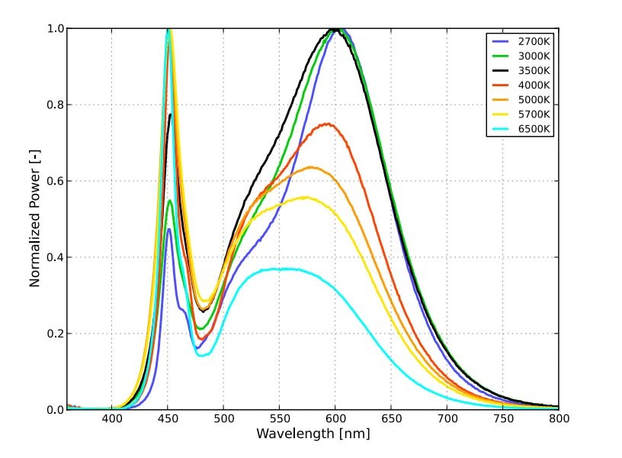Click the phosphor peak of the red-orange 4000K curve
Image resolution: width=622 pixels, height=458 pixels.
pos(329,124)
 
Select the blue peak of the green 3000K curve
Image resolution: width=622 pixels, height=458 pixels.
pos(170,201)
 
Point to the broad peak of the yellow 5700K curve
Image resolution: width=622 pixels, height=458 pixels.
pos(306,197)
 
